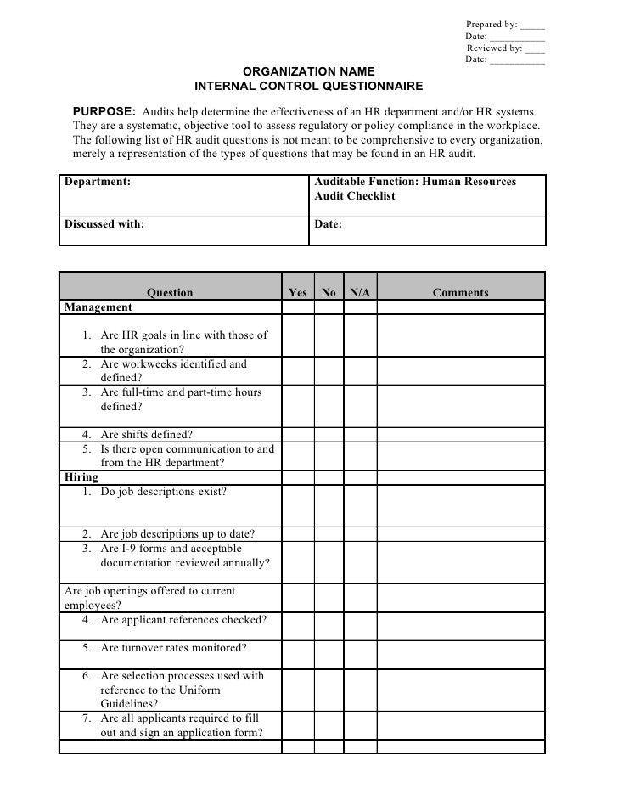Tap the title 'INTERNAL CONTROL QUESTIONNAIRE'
pyautogui.click(x=308, y=87)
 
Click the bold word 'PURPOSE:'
pyautogui.click(x=104, y=112)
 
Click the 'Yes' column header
pyautogui.click(x=297, y=293)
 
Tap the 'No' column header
pyautogui.click(x=329, y=293)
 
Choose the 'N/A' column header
pyautogui.click(x=360, y=293)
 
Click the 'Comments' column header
pyautogui.click(x=460, y=293)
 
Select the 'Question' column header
pyautogui.click(x=170, y=293)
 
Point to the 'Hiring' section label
pyautogui.click(x=81, y=477)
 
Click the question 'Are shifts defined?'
pyautogui.click(x=146, y=434)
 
